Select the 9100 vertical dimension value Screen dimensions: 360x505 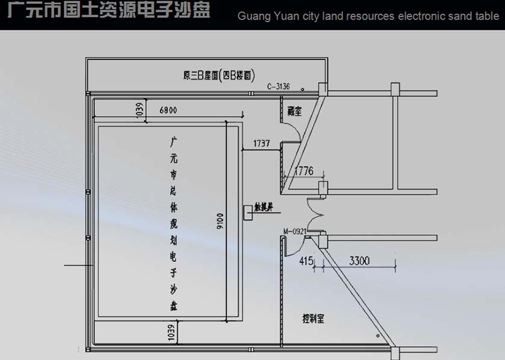[220, 222]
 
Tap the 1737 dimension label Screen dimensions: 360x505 [262, 144]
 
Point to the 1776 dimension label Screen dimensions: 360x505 [303, 172]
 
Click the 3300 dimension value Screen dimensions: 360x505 [358, 261]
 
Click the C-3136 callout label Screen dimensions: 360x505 [279, 87]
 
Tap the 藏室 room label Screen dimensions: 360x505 [294, 111]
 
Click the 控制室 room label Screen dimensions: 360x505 [313, 318]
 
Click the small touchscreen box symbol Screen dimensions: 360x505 [248, 212]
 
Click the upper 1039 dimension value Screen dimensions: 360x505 [139, 108]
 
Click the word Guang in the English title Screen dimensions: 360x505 [253, 16]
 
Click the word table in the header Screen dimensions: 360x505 [487, 16]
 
